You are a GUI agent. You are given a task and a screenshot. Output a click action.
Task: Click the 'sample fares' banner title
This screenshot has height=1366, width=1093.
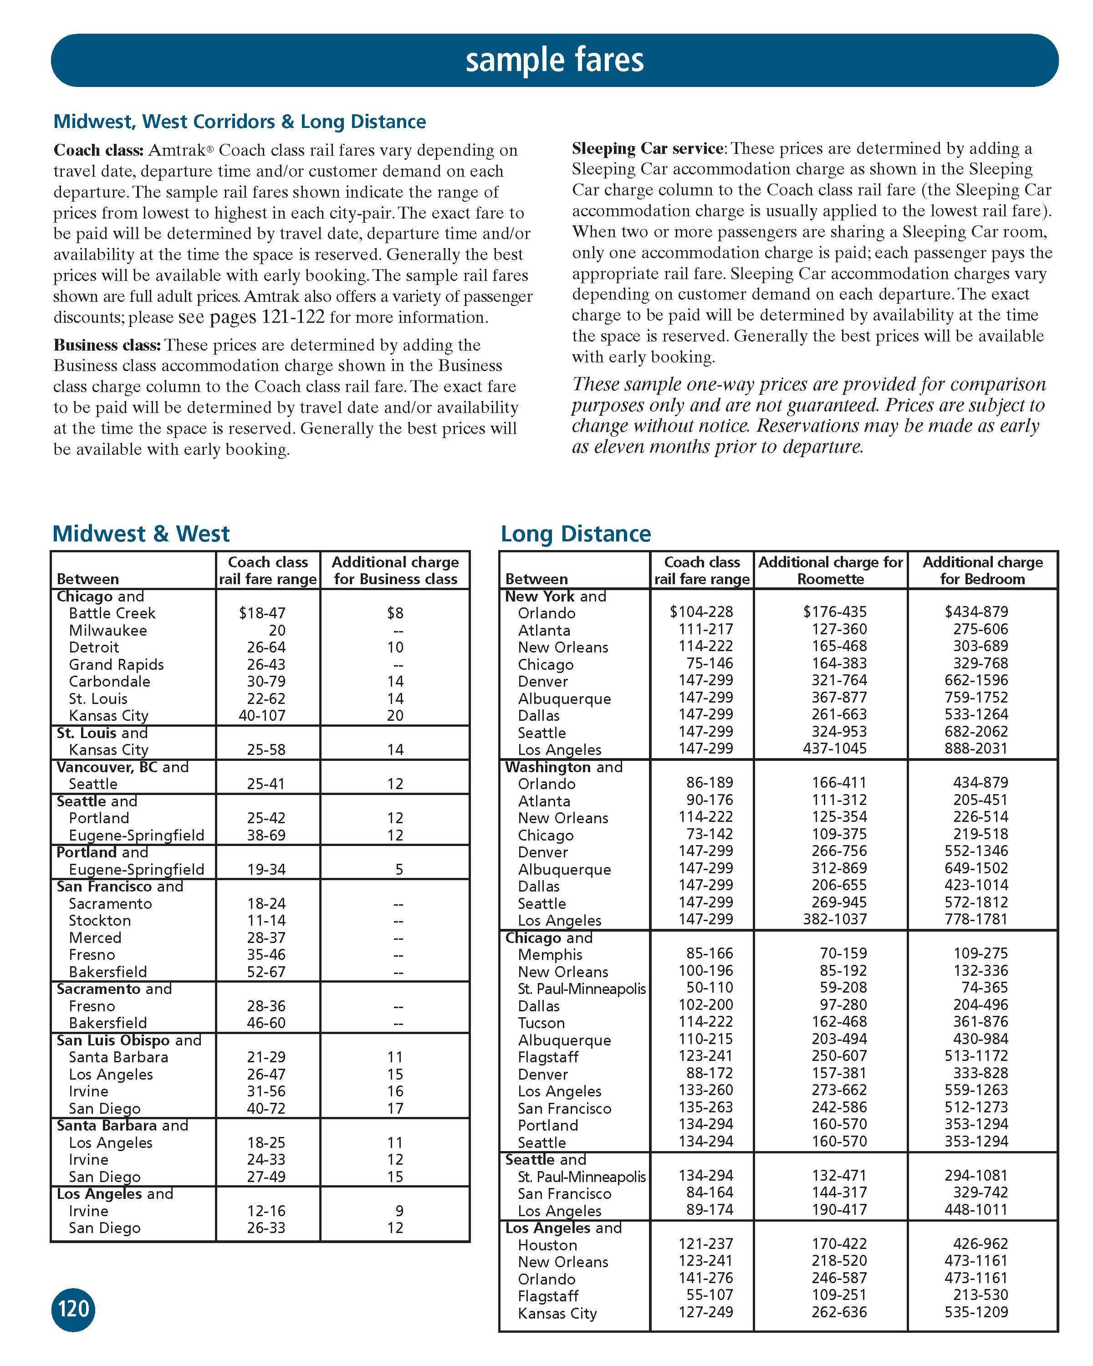coord(554,60)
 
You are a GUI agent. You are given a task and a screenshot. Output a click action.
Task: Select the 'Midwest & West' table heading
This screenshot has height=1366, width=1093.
coord(141,534)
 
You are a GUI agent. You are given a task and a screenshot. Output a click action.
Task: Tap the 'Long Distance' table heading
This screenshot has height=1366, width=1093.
coord(575,534)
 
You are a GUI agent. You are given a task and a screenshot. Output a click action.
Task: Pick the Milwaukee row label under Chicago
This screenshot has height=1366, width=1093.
coord(108,631)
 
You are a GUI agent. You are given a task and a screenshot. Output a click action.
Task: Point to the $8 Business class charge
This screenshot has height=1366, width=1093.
coord(395,613)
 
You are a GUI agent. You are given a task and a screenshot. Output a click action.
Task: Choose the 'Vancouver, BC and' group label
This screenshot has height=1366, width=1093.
coord(123,767)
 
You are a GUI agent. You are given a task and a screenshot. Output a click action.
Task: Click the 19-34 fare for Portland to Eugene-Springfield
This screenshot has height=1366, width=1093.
coord(266,869)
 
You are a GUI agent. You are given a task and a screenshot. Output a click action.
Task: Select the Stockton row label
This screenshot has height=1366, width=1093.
coord(99,921)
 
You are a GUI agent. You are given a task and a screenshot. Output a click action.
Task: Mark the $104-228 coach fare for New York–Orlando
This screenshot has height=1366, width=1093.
coord(701,612)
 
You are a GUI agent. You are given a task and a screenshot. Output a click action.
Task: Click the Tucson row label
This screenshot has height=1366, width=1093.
coord(541,1023)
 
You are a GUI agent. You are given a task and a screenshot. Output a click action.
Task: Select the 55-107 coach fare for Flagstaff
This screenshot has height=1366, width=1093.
coord(710,1295)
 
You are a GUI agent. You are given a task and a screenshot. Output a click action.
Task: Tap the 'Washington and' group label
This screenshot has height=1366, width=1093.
coord(563,767)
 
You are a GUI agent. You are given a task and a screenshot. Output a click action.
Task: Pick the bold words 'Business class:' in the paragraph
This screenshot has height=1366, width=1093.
coord(107,345)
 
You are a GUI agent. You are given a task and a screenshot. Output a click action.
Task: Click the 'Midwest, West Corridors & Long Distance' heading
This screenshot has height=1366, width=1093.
coord(240,122)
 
